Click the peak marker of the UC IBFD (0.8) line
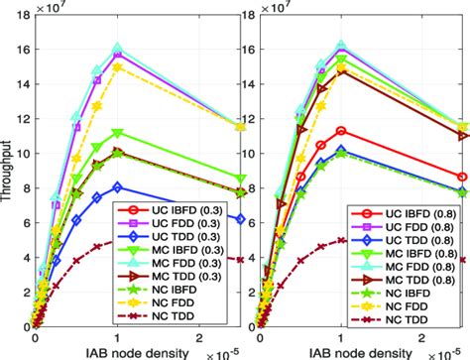coord(341,131)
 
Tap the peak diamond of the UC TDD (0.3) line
coord(117,186)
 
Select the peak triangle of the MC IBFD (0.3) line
coord(117,133)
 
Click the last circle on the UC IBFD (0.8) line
coord(461,177)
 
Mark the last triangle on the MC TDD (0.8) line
coord(461,135)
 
